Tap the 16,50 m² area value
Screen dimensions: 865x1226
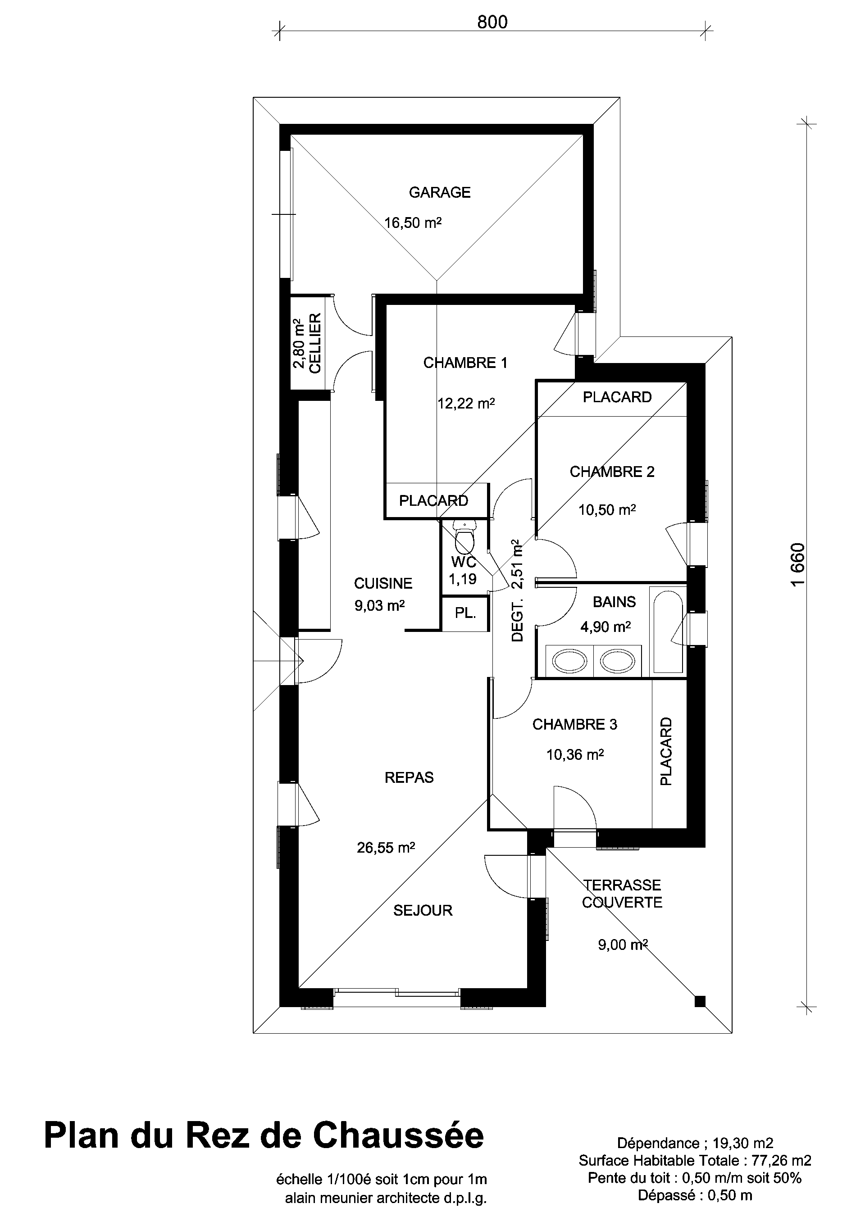(x=413, y=222)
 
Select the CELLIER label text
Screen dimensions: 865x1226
(x=315, y=343)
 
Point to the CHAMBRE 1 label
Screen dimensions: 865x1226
(x=465, y=363)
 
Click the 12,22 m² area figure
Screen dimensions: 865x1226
(x=466, y=403)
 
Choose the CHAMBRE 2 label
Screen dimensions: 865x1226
(x=612, y=472)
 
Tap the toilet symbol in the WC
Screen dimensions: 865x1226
(x=464, y=537)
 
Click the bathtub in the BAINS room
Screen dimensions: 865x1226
(x=667, y=631)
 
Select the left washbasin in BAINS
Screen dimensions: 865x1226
(x=569, y=661)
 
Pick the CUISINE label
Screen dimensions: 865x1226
(x=383, y=584)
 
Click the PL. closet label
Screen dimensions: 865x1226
(x=465, y=613)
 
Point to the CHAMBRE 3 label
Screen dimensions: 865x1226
(x=574, y=725)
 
